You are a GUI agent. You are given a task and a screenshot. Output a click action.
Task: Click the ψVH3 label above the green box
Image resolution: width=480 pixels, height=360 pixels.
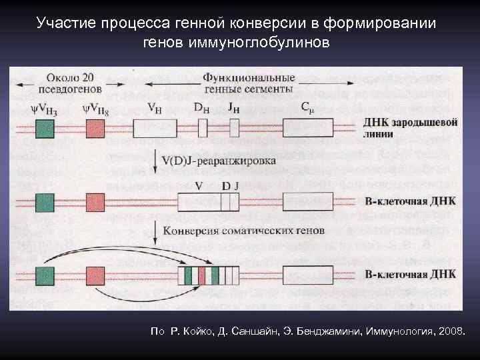click(x=43, y=107)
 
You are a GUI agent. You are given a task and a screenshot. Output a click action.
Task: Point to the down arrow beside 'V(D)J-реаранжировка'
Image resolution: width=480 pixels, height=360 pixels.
click(x=155, y=161)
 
